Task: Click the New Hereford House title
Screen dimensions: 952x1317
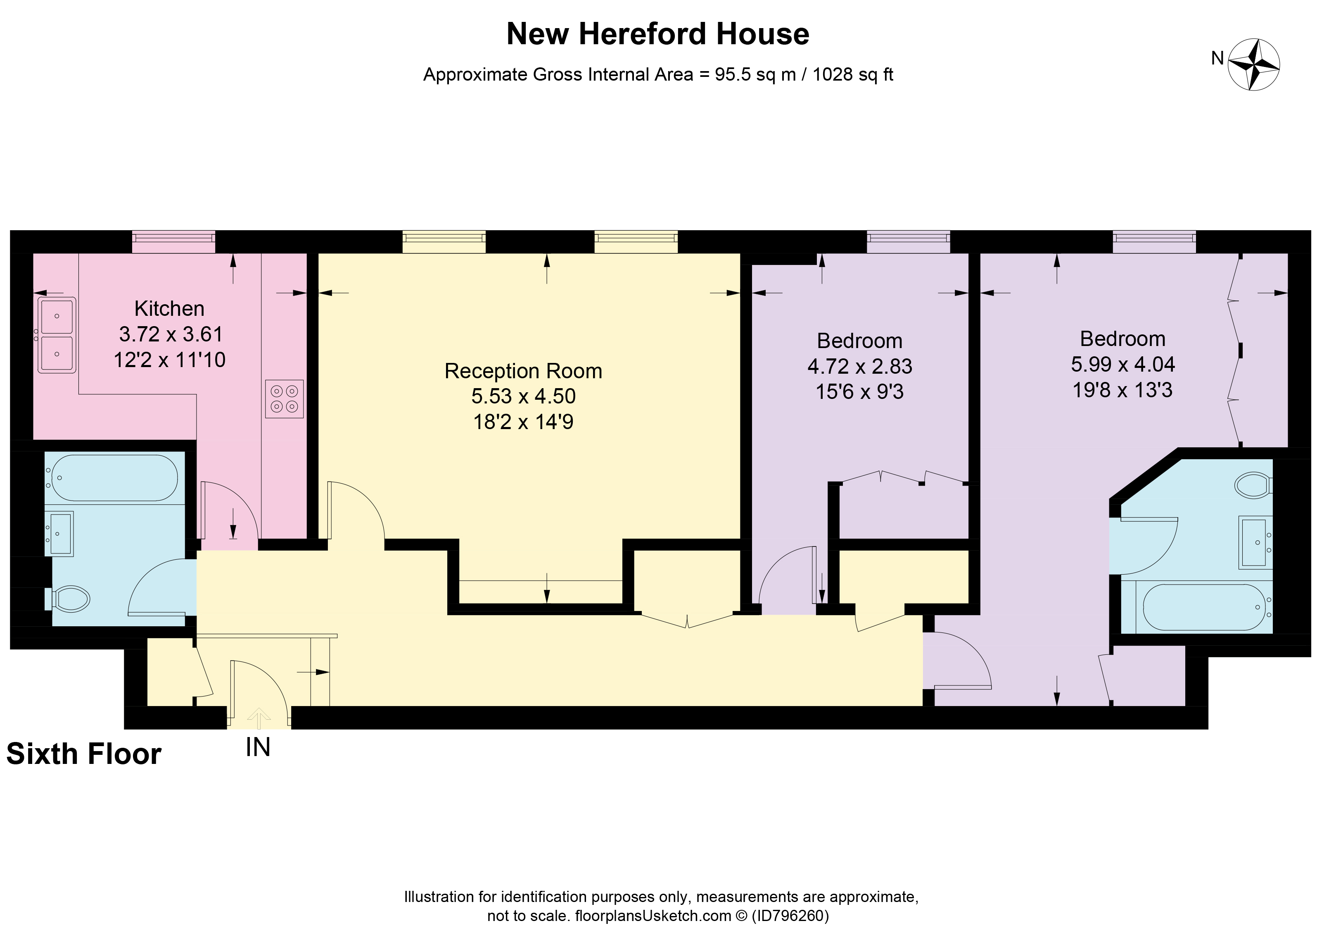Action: [x=657, y=34]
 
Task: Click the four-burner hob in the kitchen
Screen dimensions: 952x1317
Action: [x=285, y=399]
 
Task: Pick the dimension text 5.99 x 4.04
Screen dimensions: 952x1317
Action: [x=1122, y=365]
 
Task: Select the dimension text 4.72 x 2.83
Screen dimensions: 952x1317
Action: [x=859, y=366]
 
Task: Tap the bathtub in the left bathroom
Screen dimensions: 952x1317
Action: [x=114, y=478]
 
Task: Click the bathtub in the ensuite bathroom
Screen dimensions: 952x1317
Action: [x=1204, y=607]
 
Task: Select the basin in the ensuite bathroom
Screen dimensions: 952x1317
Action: [x=1254, y=542]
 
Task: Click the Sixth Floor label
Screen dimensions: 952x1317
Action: [x=83, y=754]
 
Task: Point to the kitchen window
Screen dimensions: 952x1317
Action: [x=173, y=241]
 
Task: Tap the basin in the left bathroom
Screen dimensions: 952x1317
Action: [x=60, y=533]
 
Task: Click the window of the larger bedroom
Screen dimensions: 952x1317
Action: [x=1154, y=241]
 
